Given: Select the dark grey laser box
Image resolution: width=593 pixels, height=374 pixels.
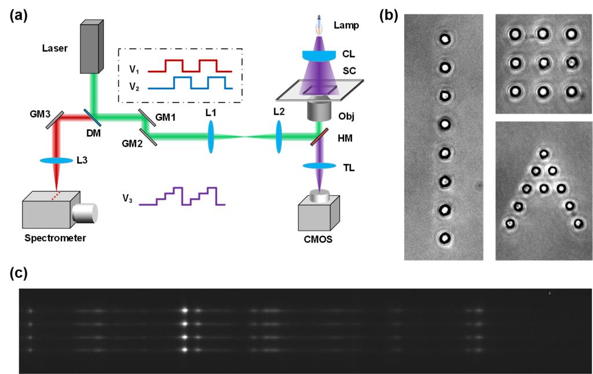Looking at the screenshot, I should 90,47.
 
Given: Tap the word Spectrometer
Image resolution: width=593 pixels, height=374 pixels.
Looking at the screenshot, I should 51,238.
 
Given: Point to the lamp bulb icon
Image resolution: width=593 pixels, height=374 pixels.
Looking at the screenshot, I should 318,26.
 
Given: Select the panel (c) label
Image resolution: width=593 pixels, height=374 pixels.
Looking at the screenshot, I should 18,273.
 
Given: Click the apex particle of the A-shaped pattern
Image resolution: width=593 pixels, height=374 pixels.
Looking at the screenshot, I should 543,154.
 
